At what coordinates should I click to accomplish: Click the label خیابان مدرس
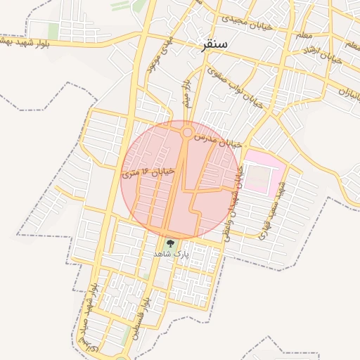(218, 138)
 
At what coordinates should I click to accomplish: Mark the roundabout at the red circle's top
(187, 131)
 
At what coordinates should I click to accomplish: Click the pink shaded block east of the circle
(264, 172)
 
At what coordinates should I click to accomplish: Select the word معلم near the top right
(304, 34)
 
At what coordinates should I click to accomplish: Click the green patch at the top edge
(130, 5)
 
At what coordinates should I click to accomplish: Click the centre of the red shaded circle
(181, 179)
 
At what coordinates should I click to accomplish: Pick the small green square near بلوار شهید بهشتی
(53, 31)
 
